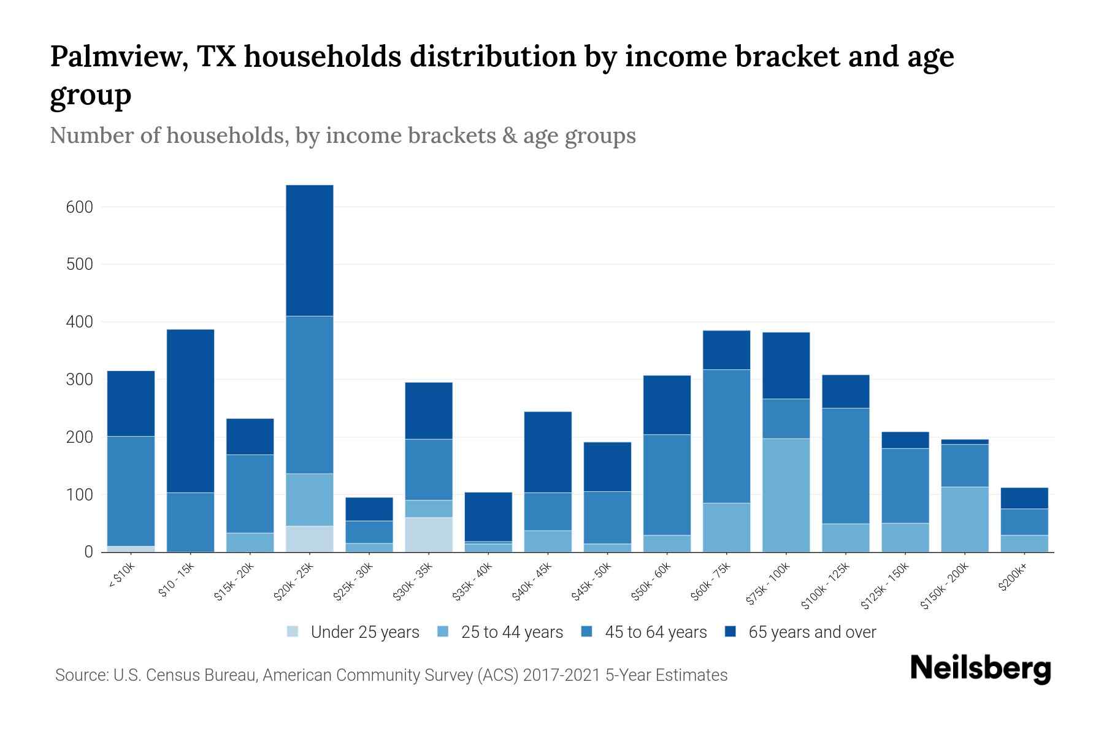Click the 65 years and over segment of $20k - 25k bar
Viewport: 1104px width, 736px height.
[310, 250]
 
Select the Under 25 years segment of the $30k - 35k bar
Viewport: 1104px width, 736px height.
[429, 534]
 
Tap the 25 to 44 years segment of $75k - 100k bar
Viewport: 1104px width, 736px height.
[786, 495]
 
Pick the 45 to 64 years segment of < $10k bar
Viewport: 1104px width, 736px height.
[131, 491]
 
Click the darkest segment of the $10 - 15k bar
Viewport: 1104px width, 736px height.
[190, 411]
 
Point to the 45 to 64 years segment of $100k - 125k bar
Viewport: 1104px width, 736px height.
[845, 466]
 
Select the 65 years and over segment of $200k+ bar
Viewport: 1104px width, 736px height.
[1024, 498]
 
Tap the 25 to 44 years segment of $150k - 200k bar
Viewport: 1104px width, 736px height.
[965, 519]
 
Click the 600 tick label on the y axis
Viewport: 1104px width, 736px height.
[79, 207]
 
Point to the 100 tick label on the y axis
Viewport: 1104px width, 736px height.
[79, 495]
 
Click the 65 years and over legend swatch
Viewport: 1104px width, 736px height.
[730, 632]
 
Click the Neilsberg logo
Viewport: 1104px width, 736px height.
[980, 668]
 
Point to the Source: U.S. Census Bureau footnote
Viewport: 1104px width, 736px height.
[391, 675]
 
